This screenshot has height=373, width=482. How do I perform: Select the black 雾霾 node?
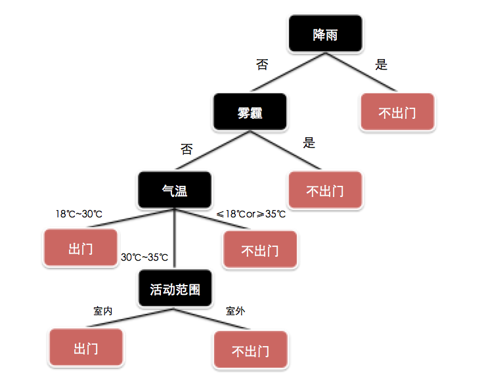pyautogui.click(x=250, y=112)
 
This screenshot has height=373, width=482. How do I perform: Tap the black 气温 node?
pyautogui.click(x=175, y=190)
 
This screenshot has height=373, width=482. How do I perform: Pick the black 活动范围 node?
pyautogui.click(x=175, y=289)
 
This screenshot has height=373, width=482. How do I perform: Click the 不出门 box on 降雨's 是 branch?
pyautogui.click(x=398, y=112)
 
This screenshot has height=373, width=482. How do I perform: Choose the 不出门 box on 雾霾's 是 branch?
pyautogui.click(x=325, y=190)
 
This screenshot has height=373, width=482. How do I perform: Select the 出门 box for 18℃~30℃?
pyautogui.click(x=81, y=248)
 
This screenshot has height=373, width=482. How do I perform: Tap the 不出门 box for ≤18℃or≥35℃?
pyautogui.click(x=260, y=250)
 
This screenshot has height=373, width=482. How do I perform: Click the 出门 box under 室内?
pyautogui.click(x=86, y=347)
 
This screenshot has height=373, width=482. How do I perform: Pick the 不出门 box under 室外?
pyautogui.click(x=250, y=350)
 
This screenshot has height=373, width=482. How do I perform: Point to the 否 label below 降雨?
pyautogui.click(x=262, y=65)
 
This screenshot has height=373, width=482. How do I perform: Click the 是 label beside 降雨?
pyautogui.click(x=381, y=65)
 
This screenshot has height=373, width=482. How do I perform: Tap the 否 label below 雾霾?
pyautogui.click(x=186, y=148)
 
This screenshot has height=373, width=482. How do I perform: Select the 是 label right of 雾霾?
pyautogui.click(x=309, y=143)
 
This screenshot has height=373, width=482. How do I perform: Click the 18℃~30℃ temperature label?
pyautogui.click(x=79, y=214)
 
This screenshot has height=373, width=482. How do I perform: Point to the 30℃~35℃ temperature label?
pyautogui.click(x=144, y=257)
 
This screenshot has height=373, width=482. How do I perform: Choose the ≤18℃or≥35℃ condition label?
pyautogui.click(x=251, y=214)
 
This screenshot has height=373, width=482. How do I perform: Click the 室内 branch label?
pyautogui.click(x=103, y=311)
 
